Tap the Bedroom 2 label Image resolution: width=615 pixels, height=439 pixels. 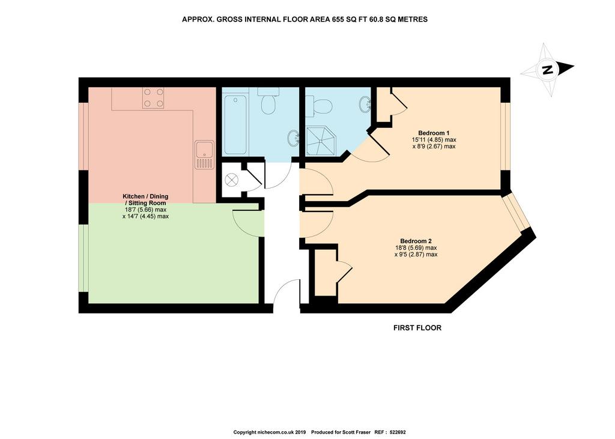pos(416,241)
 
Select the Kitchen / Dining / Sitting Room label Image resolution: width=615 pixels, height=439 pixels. pos(145,200)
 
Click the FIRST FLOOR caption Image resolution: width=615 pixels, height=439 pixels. pos(417,328)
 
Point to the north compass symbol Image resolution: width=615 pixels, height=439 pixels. pos(547,70)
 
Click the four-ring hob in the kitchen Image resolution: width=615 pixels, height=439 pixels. pos(153,98)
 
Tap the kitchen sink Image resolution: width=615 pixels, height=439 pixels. pos(204,154)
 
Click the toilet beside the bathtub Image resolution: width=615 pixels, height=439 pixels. pos(268,101)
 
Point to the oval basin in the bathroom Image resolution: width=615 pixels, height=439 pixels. pos(293,139)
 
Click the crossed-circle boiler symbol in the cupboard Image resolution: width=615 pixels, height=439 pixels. pos(231,180)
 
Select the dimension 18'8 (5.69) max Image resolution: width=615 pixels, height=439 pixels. pos(416,248)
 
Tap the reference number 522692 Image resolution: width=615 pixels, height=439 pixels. pos(397,432)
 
